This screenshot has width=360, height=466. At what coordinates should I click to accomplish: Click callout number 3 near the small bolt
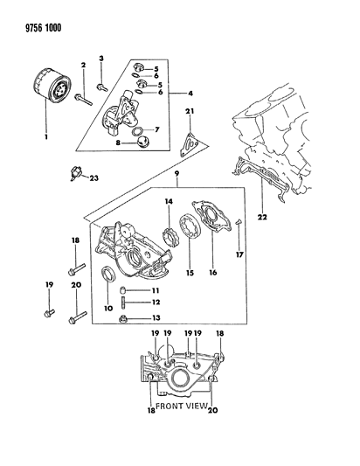(x=100, y=59)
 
